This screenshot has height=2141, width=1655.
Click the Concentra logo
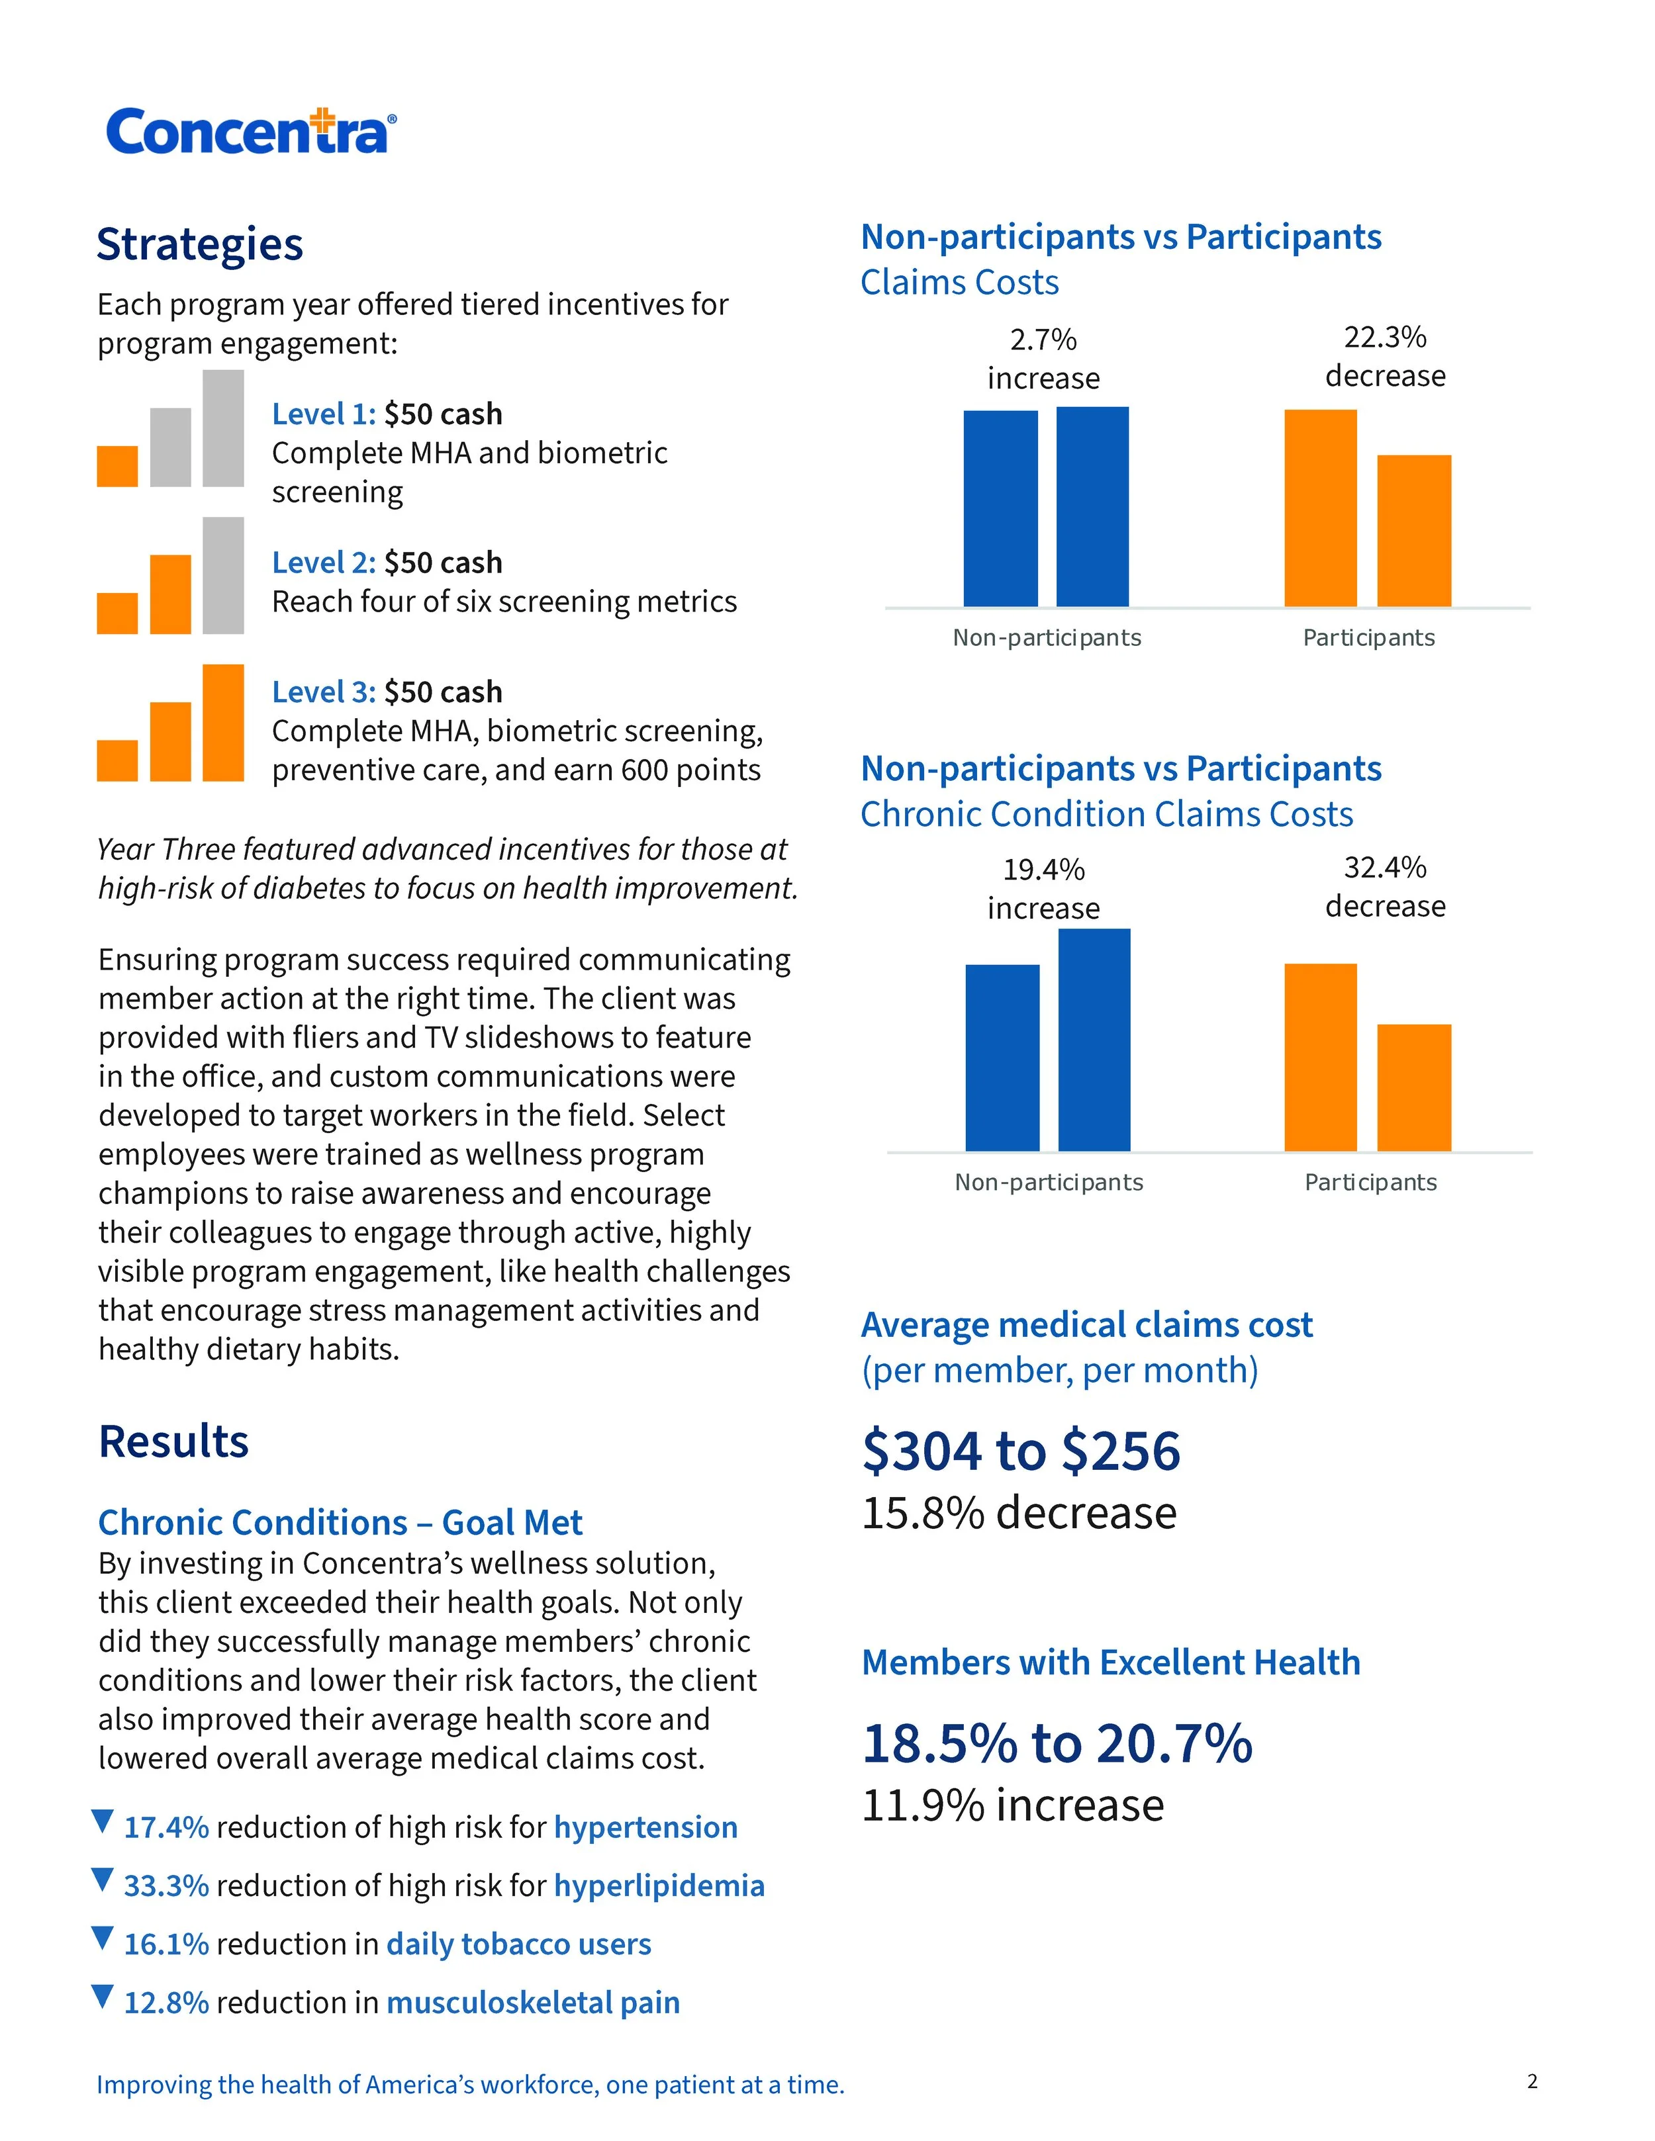tap(250, 131)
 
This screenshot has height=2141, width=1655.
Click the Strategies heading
tap(200, 244)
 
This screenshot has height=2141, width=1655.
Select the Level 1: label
tap(324, 414)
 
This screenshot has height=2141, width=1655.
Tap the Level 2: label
tap(324, 563)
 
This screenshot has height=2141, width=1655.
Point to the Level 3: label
tap(324, 692)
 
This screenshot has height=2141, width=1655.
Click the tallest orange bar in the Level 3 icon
tap(224, 723)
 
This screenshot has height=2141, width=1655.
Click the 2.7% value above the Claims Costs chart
tap(1043, 340)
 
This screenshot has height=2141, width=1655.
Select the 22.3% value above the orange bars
tap(1384, 338)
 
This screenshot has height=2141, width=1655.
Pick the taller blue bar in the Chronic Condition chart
tap(1094, 1039)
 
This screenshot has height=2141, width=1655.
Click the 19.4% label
tap(1043, 870)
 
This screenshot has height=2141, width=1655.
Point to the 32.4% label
tap(1384, 868)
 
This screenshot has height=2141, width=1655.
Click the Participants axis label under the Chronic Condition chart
tap(1370, 1182)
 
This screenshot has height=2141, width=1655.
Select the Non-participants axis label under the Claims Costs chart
tap(1047, 638)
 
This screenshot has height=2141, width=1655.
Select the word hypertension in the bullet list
tap(645, 1827)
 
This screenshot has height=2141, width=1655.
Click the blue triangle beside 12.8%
tap(102, 1997)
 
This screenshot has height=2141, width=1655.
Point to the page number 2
tap(1533, 2081)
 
